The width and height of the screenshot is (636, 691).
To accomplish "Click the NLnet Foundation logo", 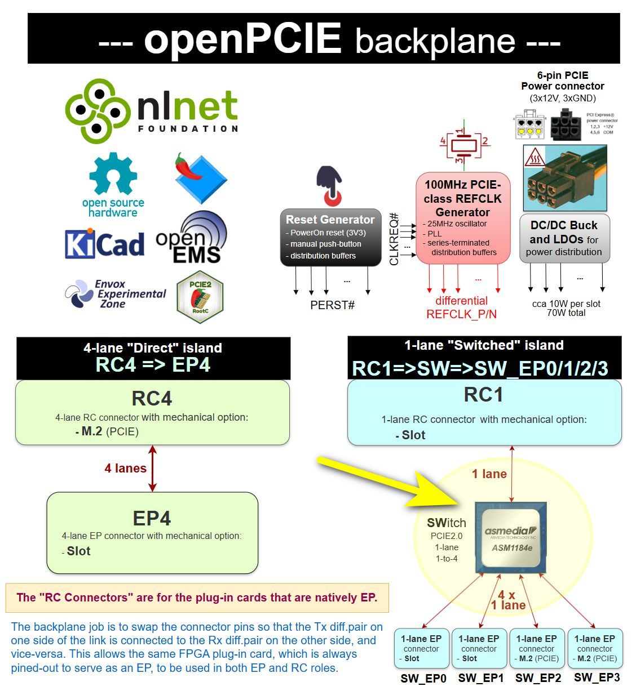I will pyautogui.click(x=151, y=110).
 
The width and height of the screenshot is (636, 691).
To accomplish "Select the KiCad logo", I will pyautogui.click(x=104, y=244).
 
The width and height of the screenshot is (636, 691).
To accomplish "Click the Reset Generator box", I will pyautogui.click(x=330, y=237).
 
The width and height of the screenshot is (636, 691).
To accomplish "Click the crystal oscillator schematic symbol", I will pyautogui.click(x=463, y=145).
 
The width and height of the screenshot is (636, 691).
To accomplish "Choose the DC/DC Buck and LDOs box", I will pyautogui.click(x=564, y=238).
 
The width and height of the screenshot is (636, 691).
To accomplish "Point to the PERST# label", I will pyautogui.click(x=332, y=305).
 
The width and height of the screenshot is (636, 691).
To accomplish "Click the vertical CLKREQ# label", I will pyautogui.click(x=394, y=239).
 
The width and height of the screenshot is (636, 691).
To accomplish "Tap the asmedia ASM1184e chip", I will pyautogui.click(x=511, y=538).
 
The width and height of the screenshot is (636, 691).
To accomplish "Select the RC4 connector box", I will pyautogui.click(x=152, y=413).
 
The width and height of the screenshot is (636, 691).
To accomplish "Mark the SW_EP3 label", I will pyautogui.click(x=597, y=677).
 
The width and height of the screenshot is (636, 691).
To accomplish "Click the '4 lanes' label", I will pyautogui.click(x=125, y=468).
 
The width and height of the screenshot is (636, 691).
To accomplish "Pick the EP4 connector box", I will pyautogui.click(x=152, y=532).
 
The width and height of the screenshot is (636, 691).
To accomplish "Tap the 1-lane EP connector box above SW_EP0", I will pyautogui.click(x=421, y=648).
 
